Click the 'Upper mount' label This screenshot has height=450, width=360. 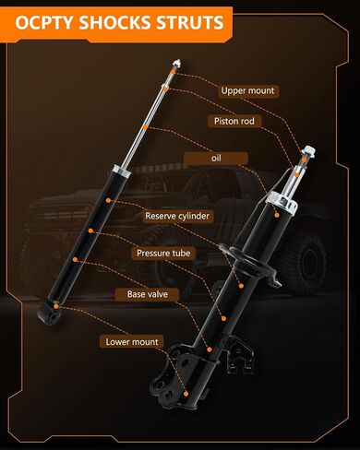247,91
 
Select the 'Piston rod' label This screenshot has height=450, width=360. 234,121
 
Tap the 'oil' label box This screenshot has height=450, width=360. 216,159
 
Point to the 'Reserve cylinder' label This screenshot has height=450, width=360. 177,216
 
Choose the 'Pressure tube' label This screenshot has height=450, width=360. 163,254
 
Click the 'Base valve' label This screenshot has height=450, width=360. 148,294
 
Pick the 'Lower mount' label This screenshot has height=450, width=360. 132,342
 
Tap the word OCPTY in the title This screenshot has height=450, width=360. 44,23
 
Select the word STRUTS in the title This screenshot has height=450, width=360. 189,23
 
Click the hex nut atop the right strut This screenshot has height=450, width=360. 308,152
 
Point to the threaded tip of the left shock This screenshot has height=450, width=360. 176,64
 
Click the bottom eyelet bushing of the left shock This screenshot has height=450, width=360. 49,314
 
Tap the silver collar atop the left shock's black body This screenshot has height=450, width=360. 122,171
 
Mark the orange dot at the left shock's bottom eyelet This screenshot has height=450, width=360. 56,306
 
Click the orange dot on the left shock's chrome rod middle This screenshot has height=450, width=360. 146,127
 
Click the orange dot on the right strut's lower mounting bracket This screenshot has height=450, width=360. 186,394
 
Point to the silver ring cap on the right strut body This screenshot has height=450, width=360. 282,201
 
